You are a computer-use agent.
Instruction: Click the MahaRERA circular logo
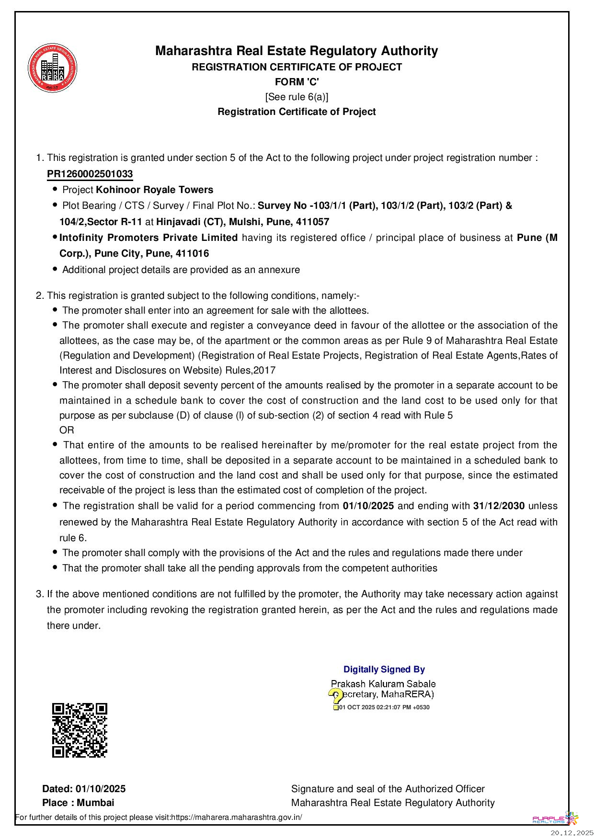click(52, 68)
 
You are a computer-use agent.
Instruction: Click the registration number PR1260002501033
click(90, 174)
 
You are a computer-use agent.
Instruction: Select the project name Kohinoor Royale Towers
click(154, 190)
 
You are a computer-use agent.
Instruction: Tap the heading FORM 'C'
click(297, 82)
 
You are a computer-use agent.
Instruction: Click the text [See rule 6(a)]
click(297, 97)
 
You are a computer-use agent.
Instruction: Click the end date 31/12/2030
click(499, 506)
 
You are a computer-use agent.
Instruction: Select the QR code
click(80, 730)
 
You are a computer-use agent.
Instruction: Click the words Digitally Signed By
click(384, 670)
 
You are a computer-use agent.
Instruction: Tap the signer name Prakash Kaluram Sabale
click(383, 684)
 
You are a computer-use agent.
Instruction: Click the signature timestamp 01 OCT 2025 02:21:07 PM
click(384, 707)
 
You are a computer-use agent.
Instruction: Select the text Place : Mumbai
click(78, 803)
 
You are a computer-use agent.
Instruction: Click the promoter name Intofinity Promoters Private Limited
click(148, 238)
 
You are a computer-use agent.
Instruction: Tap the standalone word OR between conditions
click(67, 430)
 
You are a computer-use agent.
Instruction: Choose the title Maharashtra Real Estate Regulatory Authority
click(297, 51)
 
